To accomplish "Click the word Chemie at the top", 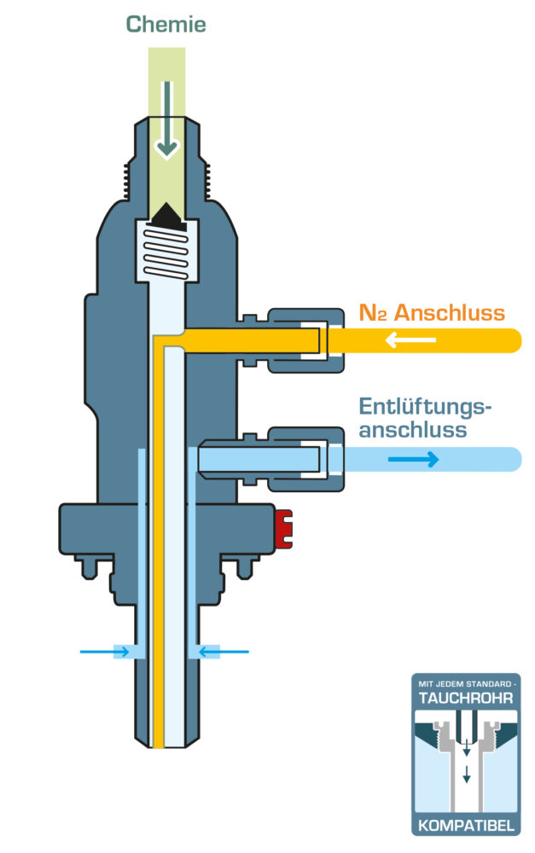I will tap(166, 24).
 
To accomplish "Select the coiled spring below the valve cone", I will tap(167, 252).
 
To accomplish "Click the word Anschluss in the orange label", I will tap(449, 312).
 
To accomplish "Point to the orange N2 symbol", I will tap(373, 312).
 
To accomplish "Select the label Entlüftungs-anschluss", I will tap(425, 418).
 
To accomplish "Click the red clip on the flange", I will tap(284, 529).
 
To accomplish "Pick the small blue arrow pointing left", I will tap(224, 652).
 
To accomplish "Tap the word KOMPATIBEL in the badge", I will tap(466, 825).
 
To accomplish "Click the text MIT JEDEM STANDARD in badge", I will tap(466, 683).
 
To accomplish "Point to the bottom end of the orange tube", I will tap(158, 739).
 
